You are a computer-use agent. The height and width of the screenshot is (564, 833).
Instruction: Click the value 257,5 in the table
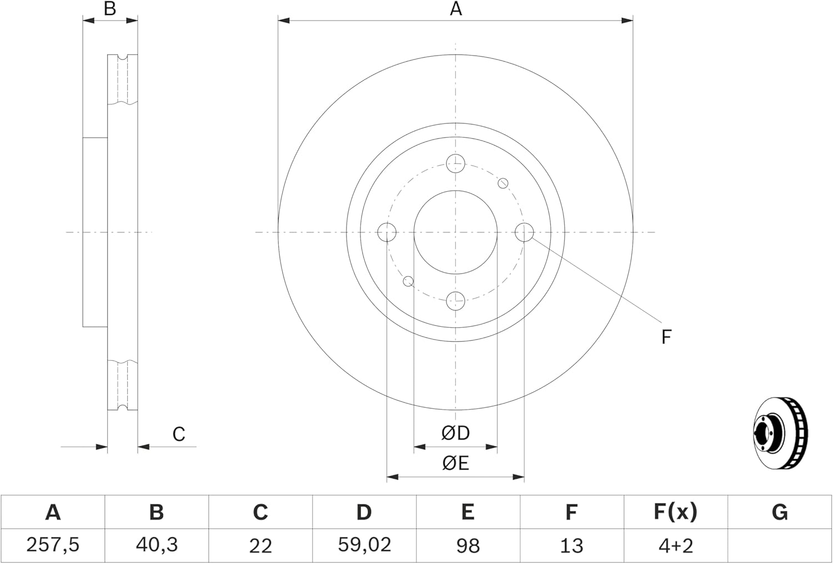[53, 545]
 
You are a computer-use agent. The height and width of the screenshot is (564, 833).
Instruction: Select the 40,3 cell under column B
[157, 545]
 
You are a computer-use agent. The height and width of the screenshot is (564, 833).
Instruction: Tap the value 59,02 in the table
[364, 545]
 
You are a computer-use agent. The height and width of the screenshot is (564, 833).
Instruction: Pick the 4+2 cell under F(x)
[675, 545]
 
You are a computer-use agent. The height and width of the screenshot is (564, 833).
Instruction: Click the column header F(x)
[675, 512]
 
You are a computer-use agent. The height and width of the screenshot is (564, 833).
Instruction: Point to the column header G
[780, 512]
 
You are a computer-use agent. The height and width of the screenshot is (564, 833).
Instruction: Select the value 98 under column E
[468, 545]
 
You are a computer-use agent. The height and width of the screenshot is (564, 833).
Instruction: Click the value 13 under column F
[571, 545]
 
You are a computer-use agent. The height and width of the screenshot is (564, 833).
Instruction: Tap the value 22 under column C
[260, 545]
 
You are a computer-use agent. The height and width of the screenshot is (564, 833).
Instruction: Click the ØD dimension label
[455, 433]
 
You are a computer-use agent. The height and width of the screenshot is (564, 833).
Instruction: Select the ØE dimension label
[455, 463]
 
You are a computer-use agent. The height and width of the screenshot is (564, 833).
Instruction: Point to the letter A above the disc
[455, 9]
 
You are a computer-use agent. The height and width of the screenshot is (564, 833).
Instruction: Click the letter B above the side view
[110, 9]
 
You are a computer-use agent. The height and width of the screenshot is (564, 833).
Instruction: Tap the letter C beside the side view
[178, 434]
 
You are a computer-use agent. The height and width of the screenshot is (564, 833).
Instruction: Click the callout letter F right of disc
[666, 337]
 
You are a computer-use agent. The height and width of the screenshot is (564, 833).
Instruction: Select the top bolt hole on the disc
[455, 163]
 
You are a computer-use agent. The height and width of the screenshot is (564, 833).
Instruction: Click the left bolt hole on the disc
[387, 232]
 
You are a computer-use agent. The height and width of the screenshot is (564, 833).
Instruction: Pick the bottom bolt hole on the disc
[455, 301]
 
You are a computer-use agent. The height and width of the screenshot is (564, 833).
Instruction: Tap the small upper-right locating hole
[503, 183]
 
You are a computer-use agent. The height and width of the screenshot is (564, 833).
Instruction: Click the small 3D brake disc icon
[780, 433]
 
